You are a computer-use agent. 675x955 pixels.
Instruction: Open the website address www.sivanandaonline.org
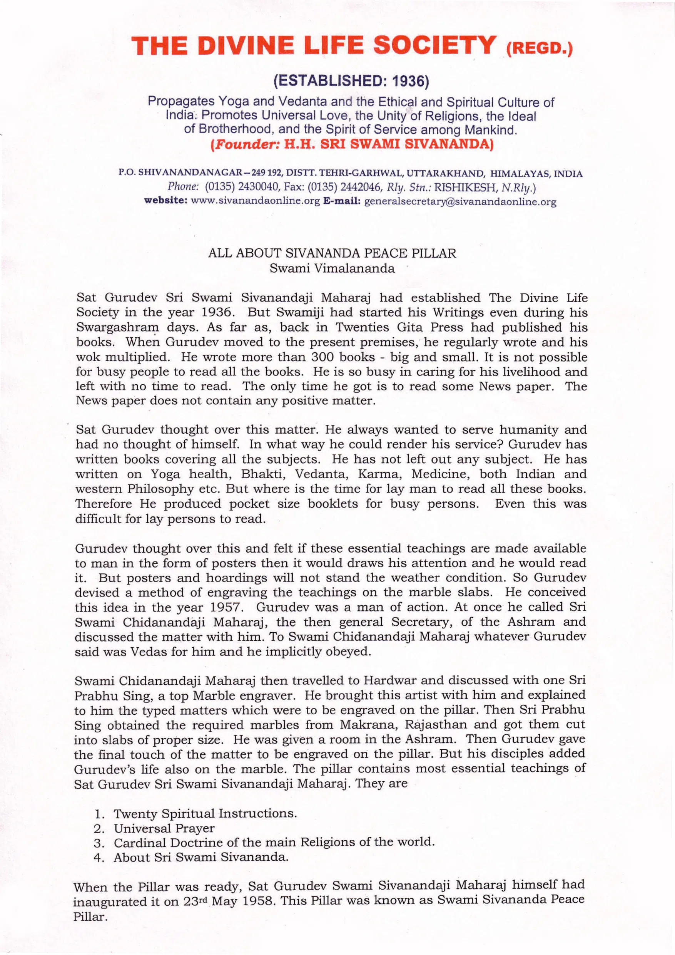(255, 202)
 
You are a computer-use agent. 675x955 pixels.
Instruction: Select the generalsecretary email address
(460, 202)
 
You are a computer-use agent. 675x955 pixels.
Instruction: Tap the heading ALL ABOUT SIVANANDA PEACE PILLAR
(332, 253)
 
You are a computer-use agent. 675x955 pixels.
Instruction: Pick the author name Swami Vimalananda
(332, 268)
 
